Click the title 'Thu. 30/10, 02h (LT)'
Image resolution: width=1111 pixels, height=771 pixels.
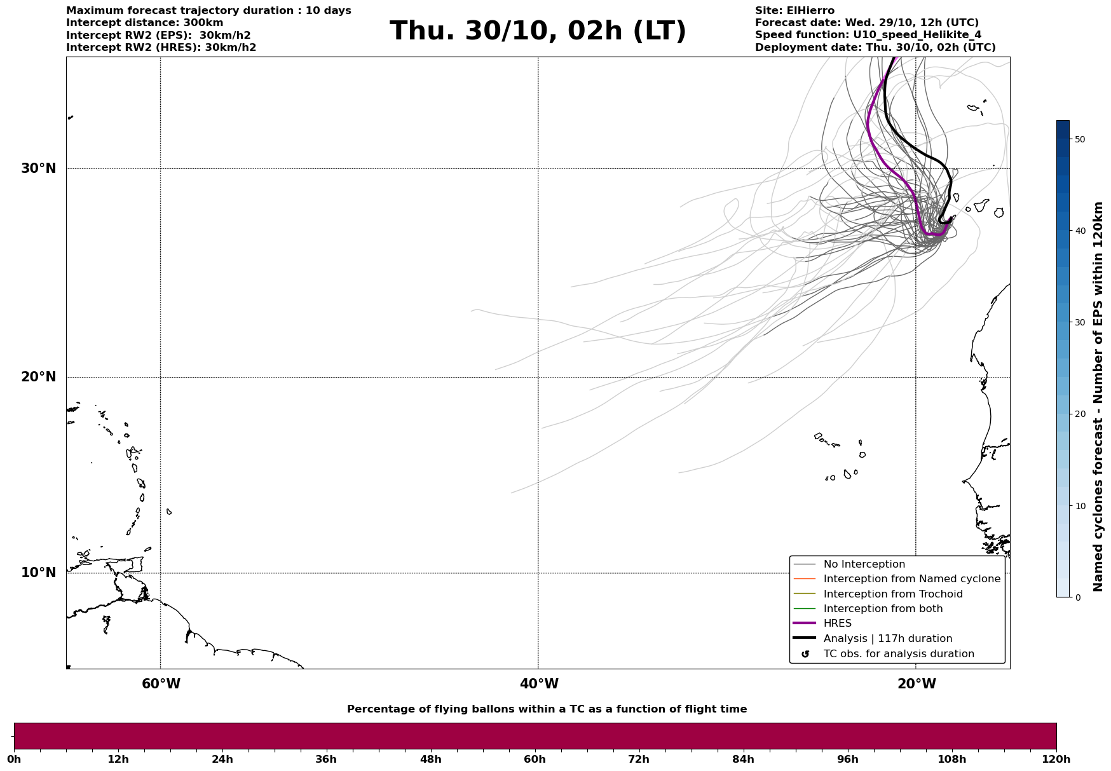tap(538, 31)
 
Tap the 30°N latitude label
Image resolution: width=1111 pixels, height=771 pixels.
tap(39, 168)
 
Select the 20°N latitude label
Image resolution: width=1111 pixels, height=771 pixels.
tap(39, 377)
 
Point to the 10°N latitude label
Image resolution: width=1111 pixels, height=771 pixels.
tap(39, 573)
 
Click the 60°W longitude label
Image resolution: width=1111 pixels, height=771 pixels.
tap(161, 684)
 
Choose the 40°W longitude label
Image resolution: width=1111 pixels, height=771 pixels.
tap(539, 684)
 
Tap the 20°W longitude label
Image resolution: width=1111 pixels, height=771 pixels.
tap(917, 684)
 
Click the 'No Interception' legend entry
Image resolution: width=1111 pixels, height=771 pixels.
tap(864, 564)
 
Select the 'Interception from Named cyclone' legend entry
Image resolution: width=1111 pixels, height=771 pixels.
tap(911, 579)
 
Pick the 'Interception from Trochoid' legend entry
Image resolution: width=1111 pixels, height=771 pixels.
tap(892, 594)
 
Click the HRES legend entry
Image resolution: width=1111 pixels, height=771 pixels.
tap(837, 624)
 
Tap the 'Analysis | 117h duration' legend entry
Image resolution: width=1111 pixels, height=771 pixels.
tap(887, 639)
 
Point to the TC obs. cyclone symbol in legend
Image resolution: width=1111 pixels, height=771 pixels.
tap(805, 654)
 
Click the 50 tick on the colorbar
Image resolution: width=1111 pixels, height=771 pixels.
tap(1079, 139)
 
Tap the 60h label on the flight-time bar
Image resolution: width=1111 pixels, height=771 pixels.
tap(535, 760)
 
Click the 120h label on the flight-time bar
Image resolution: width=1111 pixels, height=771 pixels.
tap(1056, 760)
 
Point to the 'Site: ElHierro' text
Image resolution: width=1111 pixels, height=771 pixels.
tap(794, 11)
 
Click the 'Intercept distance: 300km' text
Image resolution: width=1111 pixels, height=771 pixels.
tap(144, 23)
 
